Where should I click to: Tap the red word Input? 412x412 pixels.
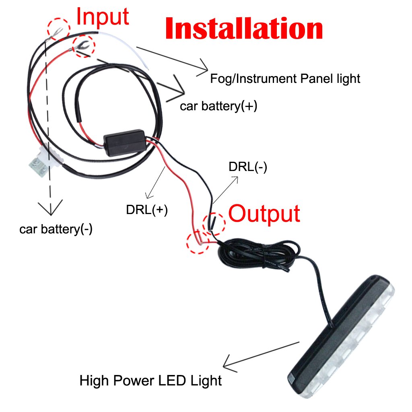click(103, 17)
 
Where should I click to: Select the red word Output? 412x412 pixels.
click(264, 214)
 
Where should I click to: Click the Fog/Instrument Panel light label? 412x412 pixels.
click(285, 78)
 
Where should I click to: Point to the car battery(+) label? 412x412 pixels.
click(218, 106)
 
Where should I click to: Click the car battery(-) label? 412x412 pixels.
click(56, 229)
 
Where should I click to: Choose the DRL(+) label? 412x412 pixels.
click(147, 210)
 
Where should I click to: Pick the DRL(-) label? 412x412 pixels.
click(247, 167)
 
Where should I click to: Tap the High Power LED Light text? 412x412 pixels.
click(150, 380)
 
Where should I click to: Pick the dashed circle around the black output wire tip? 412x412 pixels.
click(214, 224)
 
